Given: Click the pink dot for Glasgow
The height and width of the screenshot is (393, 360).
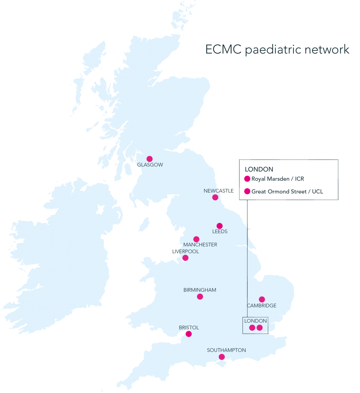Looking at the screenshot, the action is (x=150, y=159).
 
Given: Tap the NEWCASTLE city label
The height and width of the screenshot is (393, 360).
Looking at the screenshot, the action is (x=218, y=191).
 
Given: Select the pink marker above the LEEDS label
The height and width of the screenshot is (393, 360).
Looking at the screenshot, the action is (x=220, y=226).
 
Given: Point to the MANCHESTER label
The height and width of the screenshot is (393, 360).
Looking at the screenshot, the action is (x=200, y=245).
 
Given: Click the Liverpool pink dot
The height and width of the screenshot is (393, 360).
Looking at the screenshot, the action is (x=185, y=258).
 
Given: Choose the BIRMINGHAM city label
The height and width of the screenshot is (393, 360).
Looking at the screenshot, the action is (x=200, y=290).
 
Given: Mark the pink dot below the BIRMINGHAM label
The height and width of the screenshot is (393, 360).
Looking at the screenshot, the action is (x=200, y=297).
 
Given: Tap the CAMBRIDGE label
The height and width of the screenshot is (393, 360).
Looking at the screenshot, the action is (x=261, y=306).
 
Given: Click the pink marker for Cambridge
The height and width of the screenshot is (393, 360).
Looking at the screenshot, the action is (x=262, y=299).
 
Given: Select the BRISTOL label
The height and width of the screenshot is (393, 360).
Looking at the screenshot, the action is (x=189, y=327).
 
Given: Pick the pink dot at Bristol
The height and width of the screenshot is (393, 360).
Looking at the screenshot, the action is (x=189, y=334).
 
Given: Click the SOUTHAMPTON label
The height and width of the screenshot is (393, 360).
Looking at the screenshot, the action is (x=226, y=350).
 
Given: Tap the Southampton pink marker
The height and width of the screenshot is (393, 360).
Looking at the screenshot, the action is (x=222, y=357).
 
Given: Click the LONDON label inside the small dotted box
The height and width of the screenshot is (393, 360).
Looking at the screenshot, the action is (x=255, y=321).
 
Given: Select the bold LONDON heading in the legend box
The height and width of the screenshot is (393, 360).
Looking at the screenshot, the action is (x=259, y=169).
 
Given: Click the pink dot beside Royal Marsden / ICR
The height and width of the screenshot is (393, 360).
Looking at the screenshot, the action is (x=247, y=179).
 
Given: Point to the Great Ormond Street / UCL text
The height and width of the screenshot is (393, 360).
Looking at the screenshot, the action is (x=287, y=191).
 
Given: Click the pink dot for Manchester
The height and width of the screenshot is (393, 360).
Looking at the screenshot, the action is (x=196, y=239).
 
